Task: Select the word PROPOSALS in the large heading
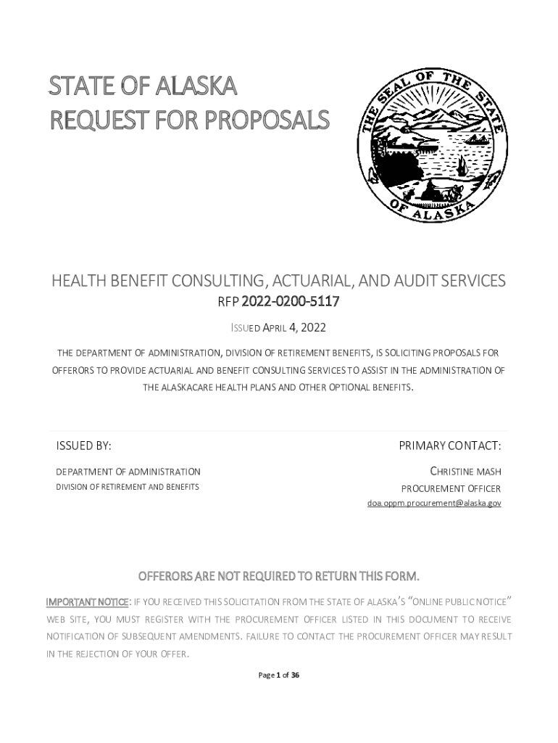(268, 120)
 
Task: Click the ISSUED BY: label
(84, 445)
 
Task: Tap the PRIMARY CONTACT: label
(449, 445)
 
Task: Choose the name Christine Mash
(465, 472)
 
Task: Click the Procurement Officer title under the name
(451, 488)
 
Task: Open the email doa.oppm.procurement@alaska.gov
(433, 503)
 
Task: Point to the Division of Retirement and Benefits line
(128, 487)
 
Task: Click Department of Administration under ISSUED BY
(128, 472)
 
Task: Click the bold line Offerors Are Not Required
(278, 577)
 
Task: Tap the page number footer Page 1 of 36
(279, 675)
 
